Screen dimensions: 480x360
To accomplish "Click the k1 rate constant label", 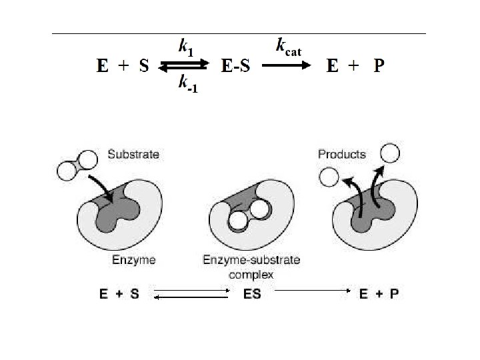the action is [x=185, y=47].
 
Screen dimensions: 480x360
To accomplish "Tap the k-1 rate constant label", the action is [x=186, y=84].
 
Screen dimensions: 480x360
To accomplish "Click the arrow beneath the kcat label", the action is [x=287, y=65].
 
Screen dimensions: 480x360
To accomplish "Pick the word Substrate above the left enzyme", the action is [x=133, y=155].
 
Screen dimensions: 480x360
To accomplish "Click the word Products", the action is [x=342, y=154].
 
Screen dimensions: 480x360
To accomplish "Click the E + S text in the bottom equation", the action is [x=119, y=294].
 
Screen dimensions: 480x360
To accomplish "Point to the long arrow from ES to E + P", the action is [x=314, y=291].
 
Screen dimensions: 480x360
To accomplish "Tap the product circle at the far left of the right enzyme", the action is [x=328, y=177].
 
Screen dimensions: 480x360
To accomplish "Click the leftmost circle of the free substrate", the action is [x=67, y=170].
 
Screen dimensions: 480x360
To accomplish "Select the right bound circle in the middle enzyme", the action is [x=260, y=209].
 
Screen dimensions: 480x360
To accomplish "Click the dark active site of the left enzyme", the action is [x=120, y=212].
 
